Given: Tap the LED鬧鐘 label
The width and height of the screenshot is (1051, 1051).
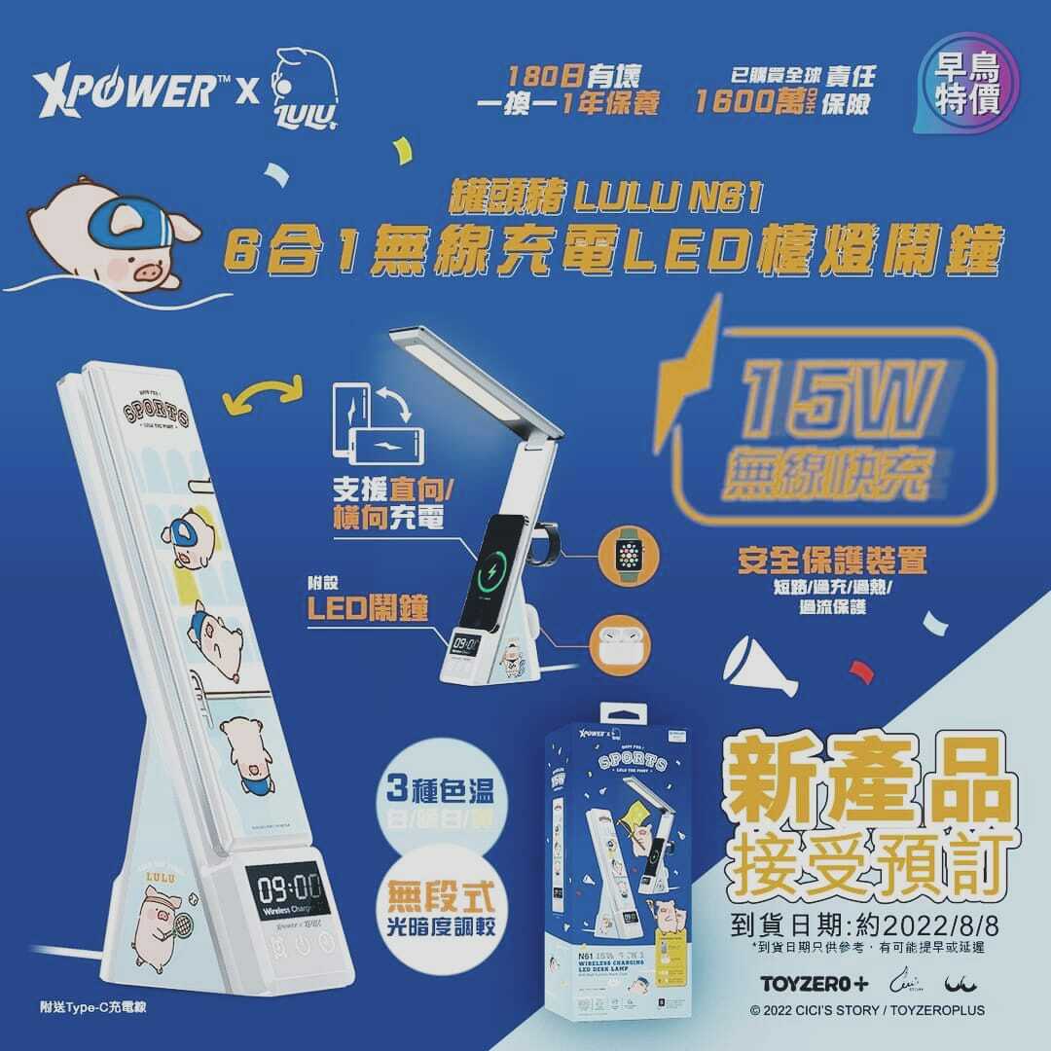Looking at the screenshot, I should coord(366,609).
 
